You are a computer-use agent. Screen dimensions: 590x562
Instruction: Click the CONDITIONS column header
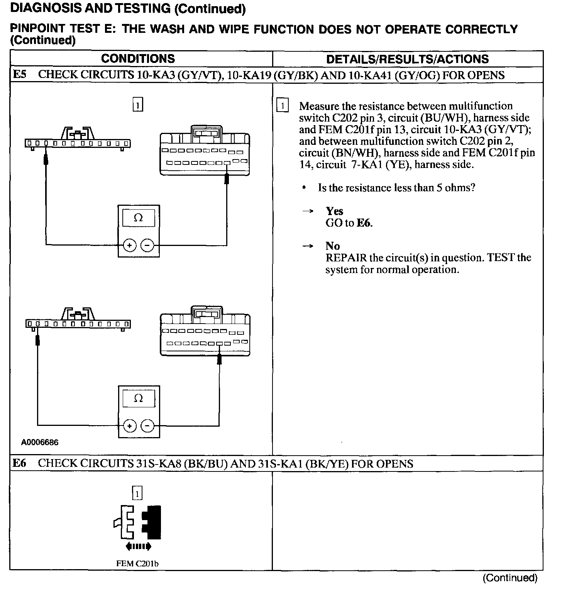[138, 59]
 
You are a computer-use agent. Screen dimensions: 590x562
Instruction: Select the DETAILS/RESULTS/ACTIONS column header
[407, 59]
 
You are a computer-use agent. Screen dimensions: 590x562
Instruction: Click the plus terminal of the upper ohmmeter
[130, 245]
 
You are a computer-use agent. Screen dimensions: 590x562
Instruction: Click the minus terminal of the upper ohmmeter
[147, 245]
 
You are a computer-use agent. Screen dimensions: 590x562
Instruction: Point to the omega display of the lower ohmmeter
[138, 398]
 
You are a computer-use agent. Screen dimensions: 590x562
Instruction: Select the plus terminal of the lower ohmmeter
[130, 426]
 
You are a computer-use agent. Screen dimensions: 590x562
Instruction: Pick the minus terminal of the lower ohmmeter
[147, 426]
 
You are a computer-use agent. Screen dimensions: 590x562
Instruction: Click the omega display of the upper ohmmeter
[138, 218]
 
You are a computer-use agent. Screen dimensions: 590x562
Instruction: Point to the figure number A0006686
[40, 442]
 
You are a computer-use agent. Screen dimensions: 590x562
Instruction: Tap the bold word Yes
[334, 211]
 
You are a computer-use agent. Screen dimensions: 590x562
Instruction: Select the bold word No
[333, 246]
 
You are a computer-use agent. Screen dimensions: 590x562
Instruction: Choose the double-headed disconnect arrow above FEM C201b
[138, 546]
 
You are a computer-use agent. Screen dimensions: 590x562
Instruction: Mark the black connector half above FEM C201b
[152, 522]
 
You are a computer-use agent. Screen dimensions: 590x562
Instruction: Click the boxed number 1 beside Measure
[283, 106]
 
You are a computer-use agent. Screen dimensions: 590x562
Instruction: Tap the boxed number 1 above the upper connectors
[138, 105]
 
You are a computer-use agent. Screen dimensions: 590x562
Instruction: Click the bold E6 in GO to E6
[364, 223]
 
